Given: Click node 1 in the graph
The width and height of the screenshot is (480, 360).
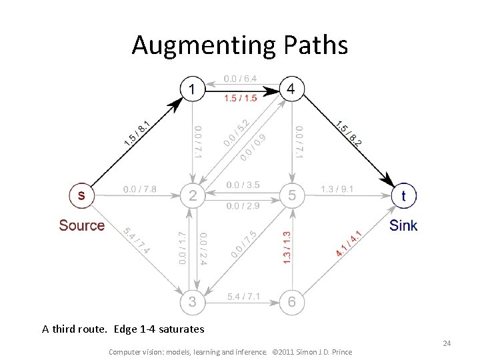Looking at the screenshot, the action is [193, 89].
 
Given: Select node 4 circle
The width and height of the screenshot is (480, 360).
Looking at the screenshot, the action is [291, 89].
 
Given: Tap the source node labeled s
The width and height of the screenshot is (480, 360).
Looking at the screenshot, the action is [81, 195].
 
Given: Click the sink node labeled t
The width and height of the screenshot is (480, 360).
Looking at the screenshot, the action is [403, 195].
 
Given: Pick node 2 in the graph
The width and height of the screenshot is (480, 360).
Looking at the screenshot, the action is [193, 195].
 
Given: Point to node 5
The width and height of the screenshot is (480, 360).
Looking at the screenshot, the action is [291, 195].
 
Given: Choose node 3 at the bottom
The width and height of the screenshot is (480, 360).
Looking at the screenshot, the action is [193, 302].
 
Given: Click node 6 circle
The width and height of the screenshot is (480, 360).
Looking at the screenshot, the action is [291, 302].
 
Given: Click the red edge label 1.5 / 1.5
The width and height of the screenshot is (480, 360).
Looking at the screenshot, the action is [241, 99].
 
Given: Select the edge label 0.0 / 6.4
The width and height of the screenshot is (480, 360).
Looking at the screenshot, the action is [241, 79].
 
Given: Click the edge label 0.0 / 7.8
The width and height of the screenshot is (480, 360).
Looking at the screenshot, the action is [140, 189].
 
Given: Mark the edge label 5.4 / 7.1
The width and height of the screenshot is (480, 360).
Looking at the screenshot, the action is [243, 295].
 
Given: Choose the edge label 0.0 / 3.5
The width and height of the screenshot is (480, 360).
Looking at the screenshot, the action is [243, 185].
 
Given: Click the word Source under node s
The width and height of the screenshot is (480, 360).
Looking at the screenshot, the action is [81, 225].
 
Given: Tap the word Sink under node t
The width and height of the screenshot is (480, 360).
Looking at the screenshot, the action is [403, 225].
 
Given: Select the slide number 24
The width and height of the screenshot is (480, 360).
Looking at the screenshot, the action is [447, 343].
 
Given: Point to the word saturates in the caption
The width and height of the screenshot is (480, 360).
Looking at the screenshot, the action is [182, 329].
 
